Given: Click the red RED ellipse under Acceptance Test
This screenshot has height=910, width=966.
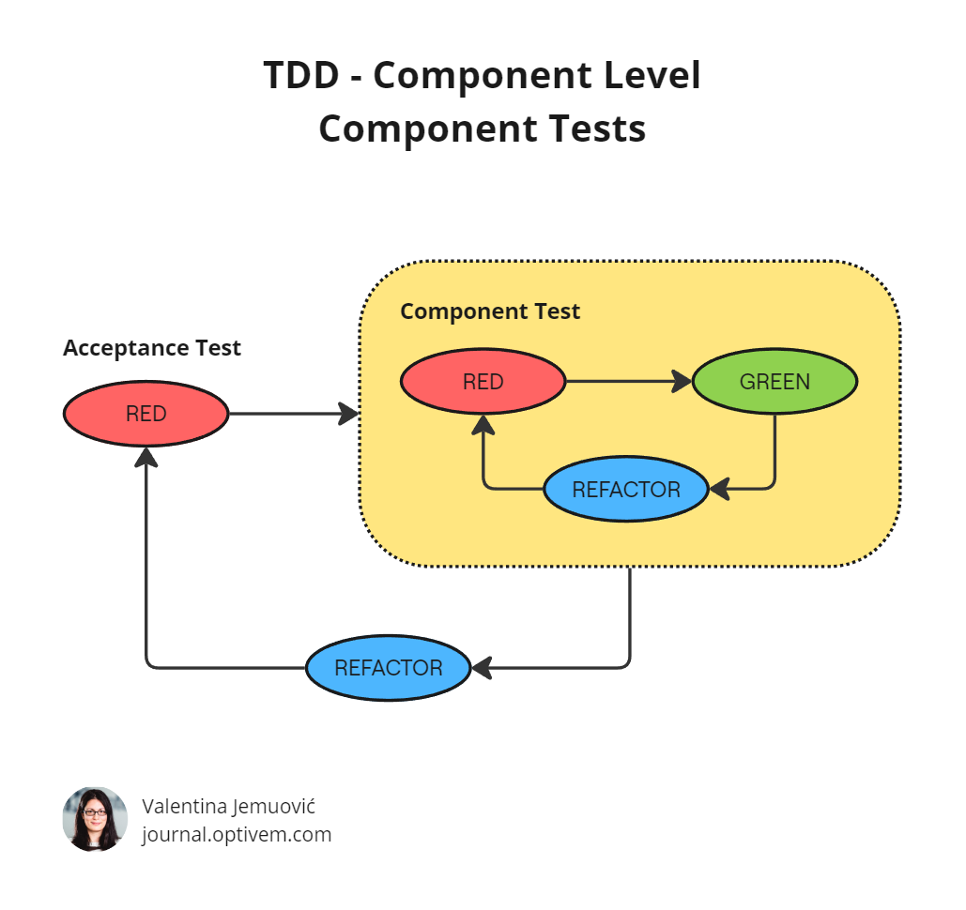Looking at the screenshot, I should point(146,414).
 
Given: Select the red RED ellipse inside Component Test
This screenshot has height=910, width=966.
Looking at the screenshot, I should point(483,382).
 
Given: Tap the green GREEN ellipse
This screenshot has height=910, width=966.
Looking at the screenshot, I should point(774,382).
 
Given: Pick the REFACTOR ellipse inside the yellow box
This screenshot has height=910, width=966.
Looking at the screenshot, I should point(625,490).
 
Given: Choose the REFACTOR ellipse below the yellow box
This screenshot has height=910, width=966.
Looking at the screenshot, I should point(388,668).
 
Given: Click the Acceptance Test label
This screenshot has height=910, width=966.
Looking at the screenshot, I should point(152,348).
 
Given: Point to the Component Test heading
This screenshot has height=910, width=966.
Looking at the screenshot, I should point(490,311).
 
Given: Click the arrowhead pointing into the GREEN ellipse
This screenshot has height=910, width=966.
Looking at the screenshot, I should point(682,382).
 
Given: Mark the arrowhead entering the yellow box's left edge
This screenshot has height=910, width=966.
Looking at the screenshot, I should point(349,414).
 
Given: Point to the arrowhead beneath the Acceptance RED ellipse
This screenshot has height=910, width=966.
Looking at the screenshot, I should point(146,457).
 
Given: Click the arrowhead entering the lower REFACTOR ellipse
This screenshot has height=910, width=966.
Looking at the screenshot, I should point(482,668).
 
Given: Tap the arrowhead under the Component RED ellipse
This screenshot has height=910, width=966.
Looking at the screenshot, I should point(483,426).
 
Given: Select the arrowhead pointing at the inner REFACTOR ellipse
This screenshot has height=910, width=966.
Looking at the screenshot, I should point(719,489).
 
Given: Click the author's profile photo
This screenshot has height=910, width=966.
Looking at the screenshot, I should point(95,819).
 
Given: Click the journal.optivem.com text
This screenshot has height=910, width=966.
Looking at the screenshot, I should point(237,834).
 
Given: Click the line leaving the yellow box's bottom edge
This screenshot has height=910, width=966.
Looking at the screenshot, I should point(629,610).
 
